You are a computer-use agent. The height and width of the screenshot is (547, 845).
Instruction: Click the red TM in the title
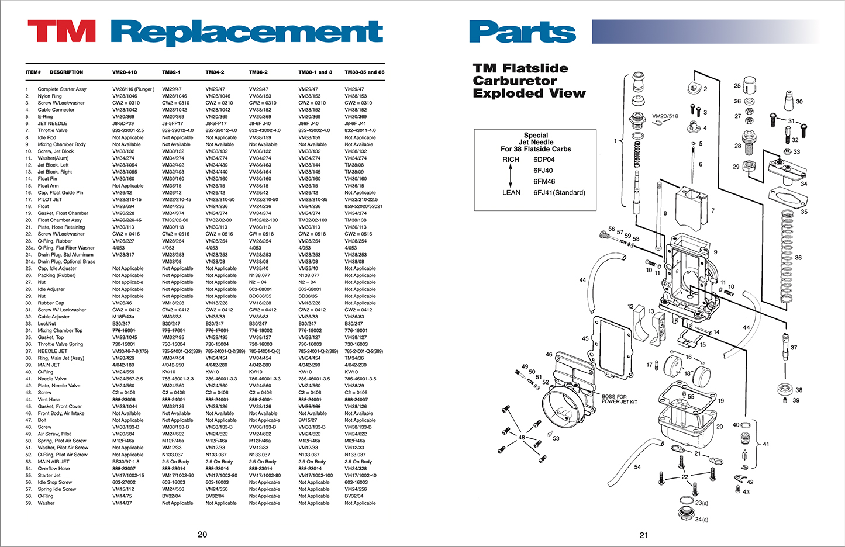(61, 32)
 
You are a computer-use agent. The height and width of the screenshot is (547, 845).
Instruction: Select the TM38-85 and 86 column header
(364, 72)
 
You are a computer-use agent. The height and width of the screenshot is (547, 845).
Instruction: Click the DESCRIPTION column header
(66, 72)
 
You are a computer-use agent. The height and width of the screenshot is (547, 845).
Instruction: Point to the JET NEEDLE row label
(53, 124)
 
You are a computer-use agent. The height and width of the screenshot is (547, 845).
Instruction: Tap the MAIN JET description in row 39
(49, 365)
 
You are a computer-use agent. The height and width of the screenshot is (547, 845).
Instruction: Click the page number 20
(202, 534)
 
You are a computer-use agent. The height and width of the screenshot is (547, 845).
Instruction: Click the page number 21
(644, 535)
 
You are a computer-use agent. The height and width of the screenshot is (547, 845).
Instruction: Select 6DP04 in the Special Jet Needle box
(544, 160)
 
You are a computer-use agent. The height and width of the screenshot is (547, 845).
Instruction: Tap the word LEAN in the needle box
(511, 192)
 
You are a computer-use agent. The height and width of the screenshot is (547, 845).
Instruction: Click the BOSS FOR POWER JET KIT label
(619, 399)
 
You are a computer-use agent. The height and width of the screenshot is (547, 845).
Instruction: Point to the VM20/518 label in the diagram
(665, 116)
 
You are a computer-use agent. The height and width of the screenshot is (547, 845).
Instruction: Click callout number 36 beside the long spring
(798, 257)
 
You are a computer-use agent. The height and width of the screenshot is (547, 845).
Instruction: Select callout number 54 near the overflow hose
(637, 467)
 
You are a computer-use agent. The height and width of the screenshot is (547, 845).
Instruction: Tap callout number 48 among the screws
(521, 437)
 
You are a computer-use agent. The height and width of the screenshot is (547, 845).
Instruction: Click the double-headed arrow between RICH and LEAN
(511, 175)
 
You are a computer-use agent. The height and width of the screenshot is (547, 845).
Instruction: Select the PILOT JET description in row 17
(50, 200)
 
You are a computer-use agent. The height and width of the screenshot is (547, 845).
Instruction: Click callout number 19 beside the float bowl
(721, 401)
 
